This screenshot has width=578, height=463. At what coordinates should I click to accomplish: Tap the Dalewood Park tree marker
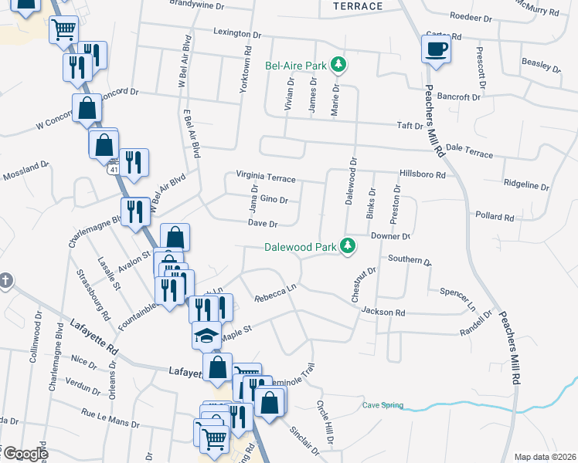(x=348, y=246)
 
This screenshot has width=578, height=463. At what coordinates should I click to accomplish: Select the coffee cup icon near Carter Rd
(x=435, y=49)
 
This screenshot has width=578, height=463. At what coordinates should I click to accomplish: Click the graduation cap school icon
(x=206, y=336)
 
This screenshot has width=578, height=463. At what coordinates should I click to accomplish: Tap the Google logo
(x=25, y=453)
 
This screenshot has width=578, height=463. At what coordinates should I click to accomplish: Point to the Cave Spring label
(x=382, y=404)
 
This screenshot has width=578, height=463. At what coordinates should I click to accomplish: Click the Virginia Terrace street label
(x=266, y=178)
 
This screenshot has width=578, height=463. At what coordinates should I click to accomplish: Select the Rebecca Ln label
(x=276, y=293)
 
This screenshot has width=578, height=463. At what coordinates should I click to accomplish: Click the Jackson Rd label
(x=382, y=312)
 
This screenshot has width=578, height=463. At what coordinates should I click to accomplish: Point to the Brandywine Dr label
(x=196, y=5)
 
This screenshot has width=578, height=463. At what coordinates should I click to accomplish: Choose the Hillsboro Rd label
(x=423, y=174)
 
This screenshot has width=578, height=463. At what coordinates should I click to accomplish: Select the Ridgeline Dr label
(x=526, y=186)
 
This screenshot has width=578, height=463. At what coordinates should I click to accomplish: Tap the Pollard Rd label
(x=495, y=218)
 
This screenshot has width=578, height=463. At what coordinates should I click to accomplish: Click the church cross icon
(x=5, y=279)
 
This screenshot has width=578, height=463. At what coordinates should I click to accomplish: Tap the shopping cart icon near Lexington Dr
(x=63, y=31)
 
